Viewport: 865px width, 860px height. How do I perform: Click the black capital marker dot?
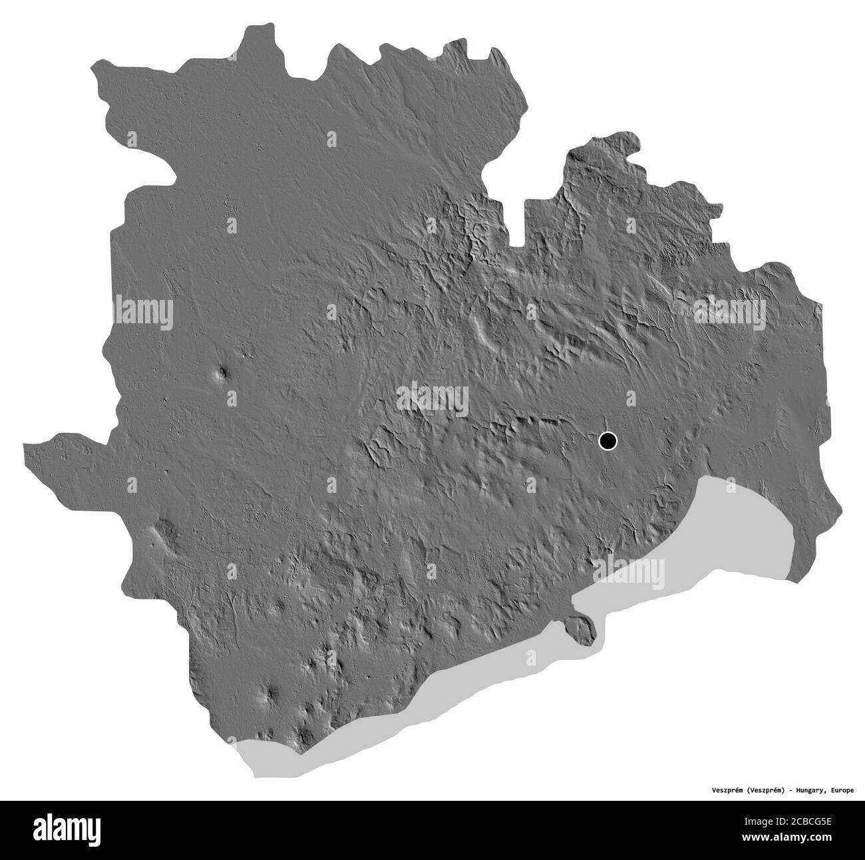pyautogui.click(x=607, y=440)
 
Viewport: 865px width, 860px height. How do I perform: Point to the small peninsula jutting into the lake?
pyautogui.click(x=581, y=627)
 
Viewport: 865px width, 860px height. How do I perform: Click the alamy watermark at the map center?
pyautogui.click(x=432, y=398)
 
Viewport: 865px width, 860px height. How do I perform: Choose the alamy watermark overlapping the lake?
pyautogui.click(x=628, y=571)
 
